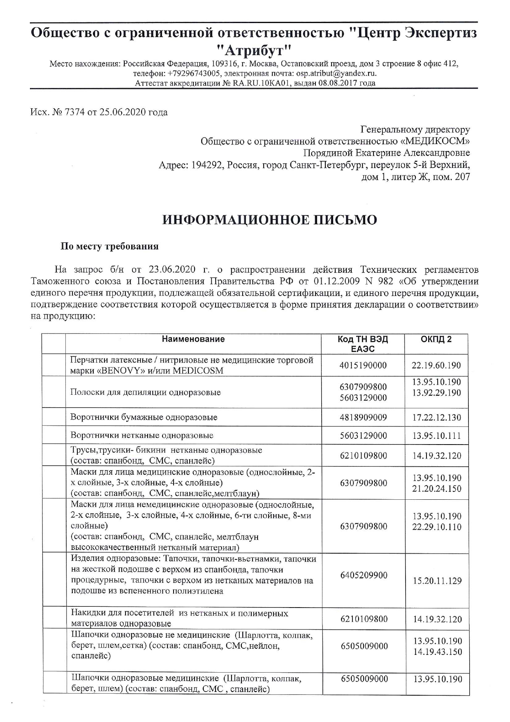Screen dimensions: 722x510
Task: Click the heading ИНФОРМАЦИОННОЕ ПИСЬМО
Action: click(270, 220)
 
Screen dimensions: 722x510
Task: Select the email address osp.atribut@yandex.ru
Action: click(336, 73)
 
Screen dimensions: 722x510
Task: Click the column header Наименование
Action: click(193, 339)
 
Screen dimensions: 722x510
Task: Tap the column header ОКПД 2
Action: click(436, 339)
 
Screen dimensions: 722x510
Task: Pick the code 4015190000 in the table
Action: click(364, 366)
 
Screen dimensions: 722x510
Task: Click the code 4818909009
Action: click(364, 417)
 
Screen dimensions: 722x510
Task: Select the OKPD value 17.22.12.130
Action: click(437, 418)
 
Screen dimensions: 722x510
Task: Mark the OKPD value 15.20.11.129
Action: click(437, 581)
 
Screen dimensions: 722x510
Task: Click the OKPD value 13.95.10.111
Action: click(437, 436)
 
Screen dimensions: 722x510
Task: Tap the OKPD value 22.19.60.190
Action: click(437, 366)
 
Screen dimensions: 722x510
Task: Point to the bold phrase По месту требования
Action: click(109, 247)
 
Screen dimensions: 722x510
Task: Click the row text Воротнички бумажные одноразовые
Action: click(144, 417)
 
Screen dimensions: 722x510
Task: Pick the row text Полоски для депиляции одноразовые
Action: click(146, 392)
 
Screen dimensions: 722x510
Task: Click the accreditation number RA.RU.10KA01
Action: click(260, 83)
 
